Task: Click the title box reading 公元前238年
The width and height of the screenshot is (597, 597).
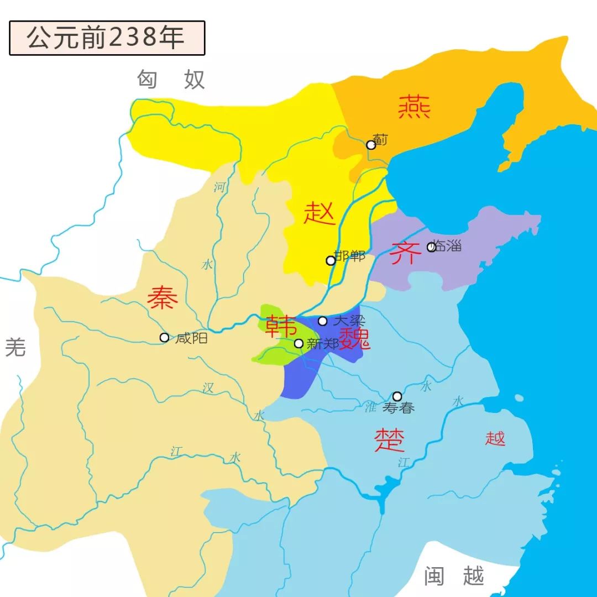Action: click(x=107, y=38)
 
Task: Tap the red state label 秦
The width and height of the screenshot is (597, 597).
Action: click(x=163, y=298)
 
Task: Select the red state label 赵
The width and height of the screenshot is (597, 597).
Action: click(x=320, y=213)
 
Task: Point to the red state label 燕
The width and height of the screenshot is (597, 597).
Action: click(x=414, y=107)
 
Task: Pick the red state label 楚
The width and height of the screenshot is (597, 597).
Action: click(x=389, y=440)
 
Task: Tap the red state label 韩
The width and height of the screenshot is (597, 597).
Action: click(x=280, y=326)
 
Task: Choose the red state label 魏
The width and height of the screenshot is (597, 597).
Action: click(x=354, y=338)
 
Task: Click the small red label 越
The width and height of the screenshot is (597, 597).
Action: click(x=495, y=438)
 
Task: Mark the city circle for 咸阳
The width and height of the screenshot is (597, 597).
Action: click(x=164, y=337)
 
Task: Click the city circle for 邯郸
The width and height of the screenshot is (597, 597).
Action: click(x=331, y=260)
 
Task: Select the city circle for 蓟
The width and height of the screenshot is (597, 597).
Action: click(x=371, y=145)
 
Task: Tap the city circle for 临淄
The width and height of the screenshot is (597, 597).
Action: click(x=432, y=247)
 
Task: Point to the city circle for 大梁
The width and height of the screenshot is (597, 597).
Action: click(x=323, y=321)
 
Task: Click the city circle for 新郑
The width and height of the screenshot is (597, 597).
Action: click(x=298, y=343)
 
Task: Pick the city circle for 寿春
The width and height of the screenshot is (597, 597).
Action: click(x=397, y=396)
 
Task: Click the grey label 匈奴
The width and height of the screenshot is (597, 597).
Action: click(x=171, y=80)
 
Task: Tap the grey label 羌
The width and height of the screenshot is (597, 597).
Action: click(x=15, y=347)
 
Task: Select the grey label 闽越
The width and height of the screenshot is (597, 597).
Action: click(x=454, y=576)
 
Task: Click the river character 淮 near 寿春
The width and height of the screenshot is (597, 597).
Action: click(x=370, y=407)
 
